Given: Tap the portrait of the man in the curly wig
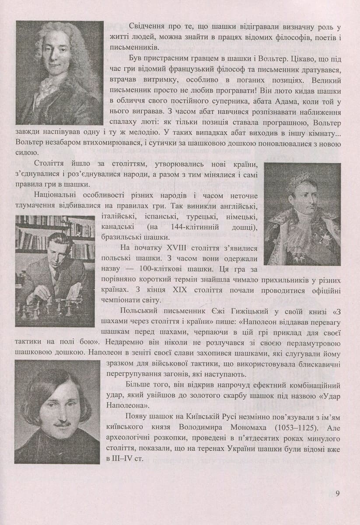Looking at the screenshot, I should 59,72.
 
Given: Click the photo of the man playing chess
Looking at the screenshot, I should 55,271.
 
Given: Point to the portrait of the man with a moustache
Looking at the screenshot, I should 57,411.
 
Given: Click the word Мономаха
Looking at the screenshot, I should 236,426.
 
